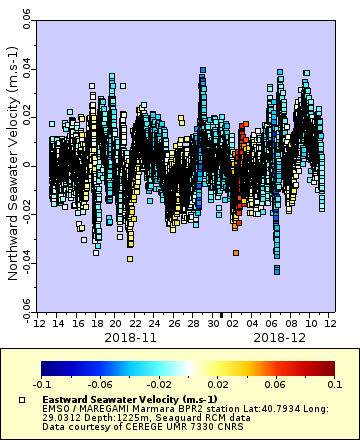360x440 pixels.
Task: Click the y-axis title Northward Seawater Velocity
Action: [x=13, y=165]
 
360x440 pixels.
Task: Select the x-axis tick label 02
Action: [x=232, y=324]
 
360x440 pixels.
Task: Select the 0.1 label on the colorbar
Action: [x=332, y=384]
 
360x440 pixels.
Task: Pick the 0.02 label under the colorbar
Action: [x=217, y=384]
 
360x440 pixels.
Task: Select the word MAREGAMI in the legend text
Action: [x=103, y=408]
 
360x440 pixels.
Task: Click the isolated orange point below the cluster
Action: [x=236, y=253]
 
